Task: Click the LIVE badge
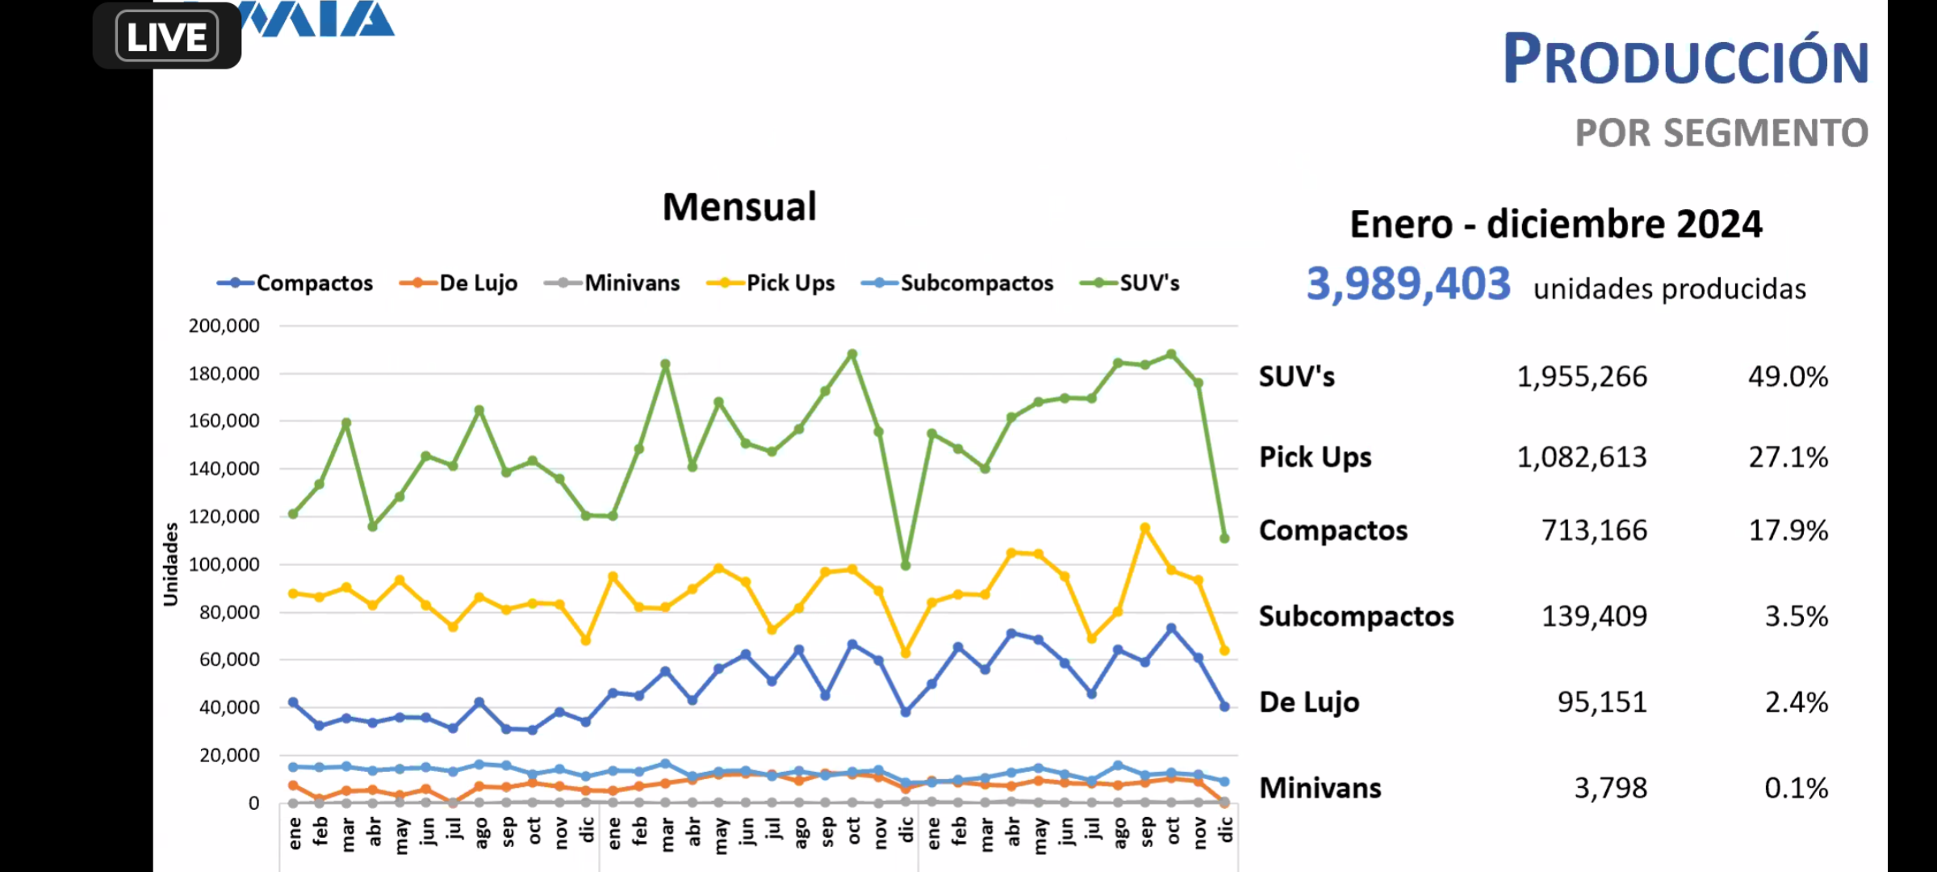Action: point(167,36)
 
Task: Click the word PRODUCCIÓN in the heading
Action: point(1685,60)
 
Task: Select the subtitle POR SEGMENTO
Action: point(1721,133)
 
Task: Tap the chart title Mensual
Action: point(739,207)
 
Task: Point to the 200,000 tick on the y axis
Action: point(224,326)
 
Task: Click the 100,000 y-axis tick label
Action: point(224,564)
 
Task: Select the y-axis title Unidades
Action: point(170,564)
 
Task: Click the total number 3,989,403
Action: point(1408,284)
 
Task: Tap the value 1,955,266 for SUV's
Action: point(1581,377)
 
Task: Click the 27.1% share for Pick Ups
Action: point(1788,458)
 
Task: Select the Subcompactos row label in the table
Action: point(1356,617)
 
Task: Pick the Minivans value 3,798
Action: point(1610,788)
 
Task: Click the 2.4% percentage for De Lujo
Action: point(1796,702)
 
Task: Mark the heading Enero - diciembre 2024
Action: point(1555,224)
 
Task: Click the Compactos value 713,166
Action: point(1593,530)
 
